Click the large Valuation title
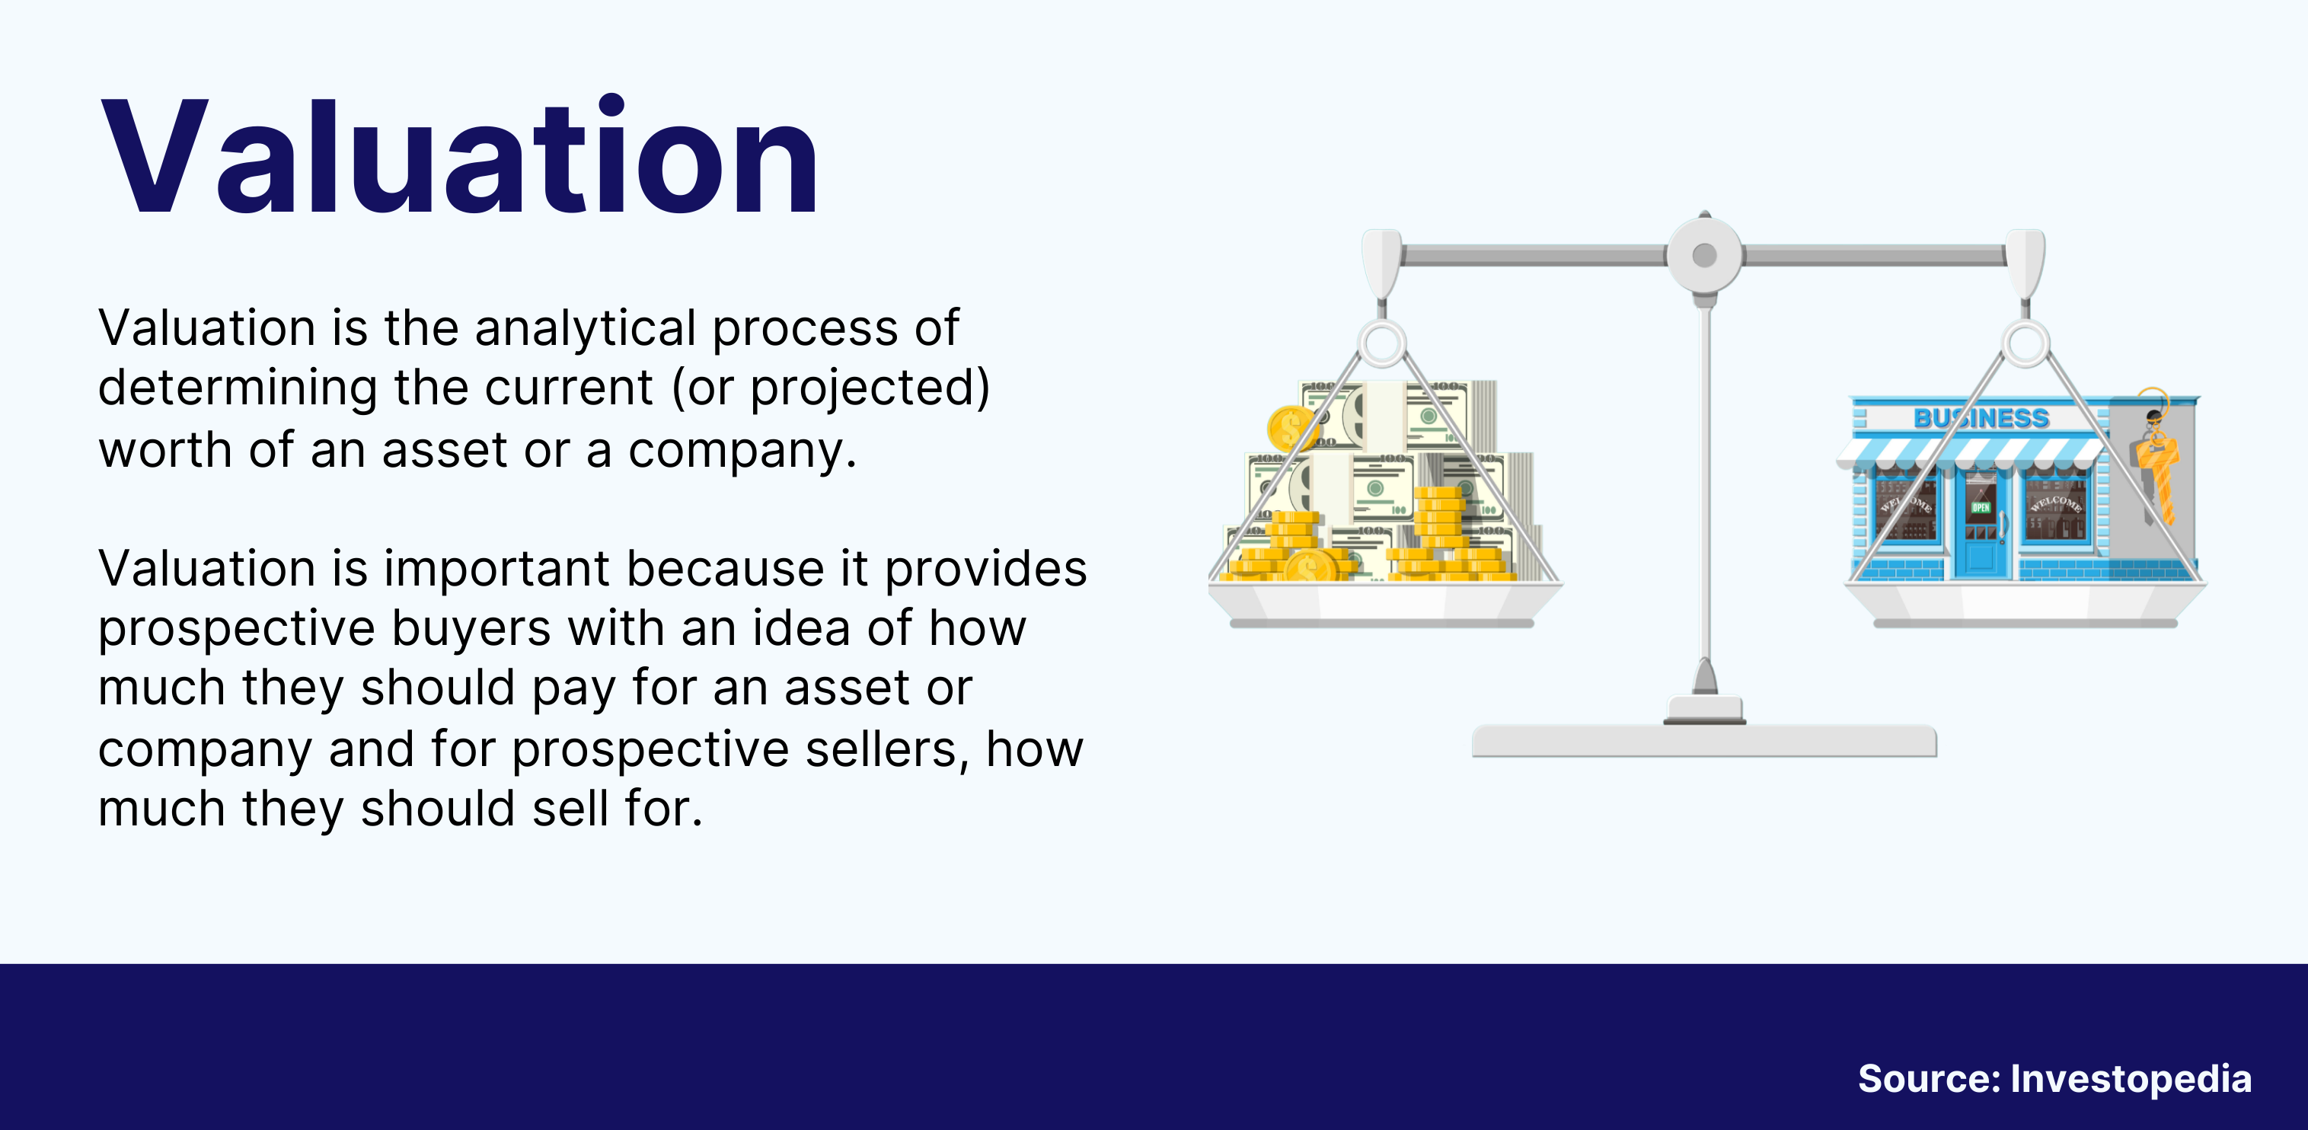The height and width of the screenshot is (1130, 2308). pyautogui.click(x=460, y=156)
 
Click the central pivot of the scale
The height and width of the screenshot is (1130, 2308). pyautogui.click(x=1704, y=255)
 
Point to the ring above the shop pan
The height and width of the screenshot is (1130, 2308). pyautogui.click(x=2025, y=343)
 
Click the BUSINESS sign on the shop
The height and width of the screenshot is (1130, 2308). pyautogui.click(x=1981, y=417)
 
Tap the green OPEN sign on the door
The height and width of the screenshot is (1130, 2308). pyautogui.click(x=1980, y=507)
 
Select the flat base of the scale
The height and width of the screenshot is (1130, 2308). pyautogui.click(x=1704, y=741)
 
